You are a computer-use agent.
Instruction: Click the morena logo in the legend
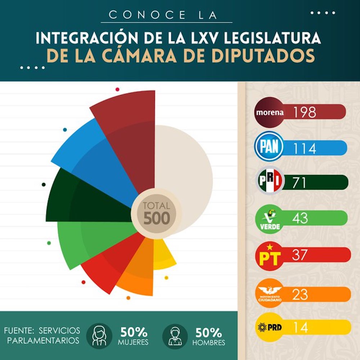pyautogui.click(x=270, y=112)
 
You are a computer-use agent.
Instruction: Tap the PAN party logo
pyautogui.click(x=269, y=147)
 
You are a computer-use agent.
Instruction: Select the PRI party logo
pyautogui.click(x=270, y=183)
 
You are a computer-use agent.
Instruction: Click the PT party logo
pyautogui.click(x=270, y=255)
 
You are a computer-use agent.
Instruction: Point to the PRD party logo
pyautogui.click(x=270, y=327)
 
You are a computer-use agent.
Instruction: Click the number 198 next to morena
pyautogui.click(x=304, y=112)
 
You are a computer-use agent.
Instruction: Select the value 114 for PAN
pyautogui.click(x=304, y=148)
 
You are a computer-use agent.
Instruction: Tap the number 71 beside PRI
pyautogui.click(x=299, y=183)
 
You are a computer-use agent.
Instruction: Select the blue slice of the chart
pyautogui.click(x=90, y=155)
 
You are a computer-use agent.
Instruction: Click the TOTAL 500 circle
pyautogui.click(x=156, y=213)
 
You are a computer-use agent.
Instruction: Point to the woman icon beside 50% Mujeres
pyautogui.click(x=99, y=336)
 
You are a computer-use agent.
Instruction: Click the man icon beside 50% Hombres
pyautogui.click(x=175, y=336)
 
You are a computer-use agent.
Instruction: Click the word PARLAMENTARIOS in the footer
pyautogui.click(x=43, y=341)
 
